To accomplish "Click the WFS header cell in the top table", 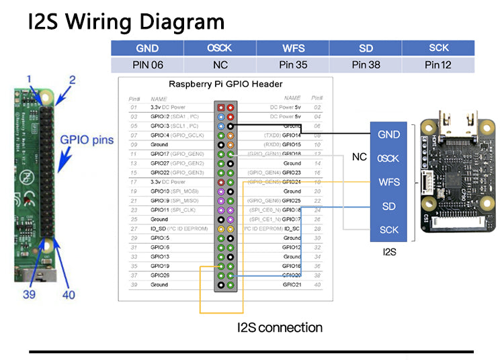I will pyautogui.click(x=294, y=48).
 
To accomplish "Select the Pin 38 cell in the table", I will pyautogui.click(x=366, y=65).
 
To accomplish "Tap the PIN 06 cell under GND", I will pyautogui.click(x=147, y=65).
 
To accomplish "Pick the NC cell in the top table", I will pyautogui.click(x=220, y=65).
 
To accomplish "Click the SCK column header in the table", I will pyautogui.click(x=439, y=48).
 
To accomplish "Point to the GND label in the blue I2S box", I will pyautogui.click(x=388, y=134).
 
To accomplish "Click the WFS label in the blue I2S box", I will pyautogui.click(x=388, y=182).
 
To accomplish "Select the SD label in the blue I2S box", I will pyautogui.click(x=388, y=206).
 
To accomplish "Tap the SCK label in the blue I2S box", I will pyautogui.click(x=388, y=230).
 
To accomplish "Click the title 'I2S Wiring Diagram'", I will pyautogui.click(x=126, y=21).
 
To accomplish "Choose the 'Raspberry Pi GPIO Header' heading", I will pyautogui.click(x=225, y=84).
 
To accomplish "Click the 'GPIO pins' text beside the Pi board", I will pyautogui.click(x=87, y=140).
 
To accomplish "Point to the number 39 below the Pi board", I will pyautogui.click(x=28, y=294).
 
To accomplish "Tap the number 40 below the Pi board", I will pyautogui.click(x=69, y=294).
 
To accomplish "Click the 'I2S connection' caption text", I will pyautogui.click(x=280, y=328).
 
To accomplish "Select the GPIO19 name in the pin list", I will pyautogui.click(x=160, y=266).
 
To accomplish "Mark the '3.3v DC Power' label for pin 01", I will pyautogui.click(x=167, y=107).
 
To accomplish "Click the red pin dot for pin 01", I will pyautogui.click(x=220, y=107).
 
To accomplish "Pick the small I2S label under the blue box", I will pyautogui.click(x=389, y=253).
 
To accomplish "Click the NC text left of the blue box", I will pyautogui.click(x=360, y=157).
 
